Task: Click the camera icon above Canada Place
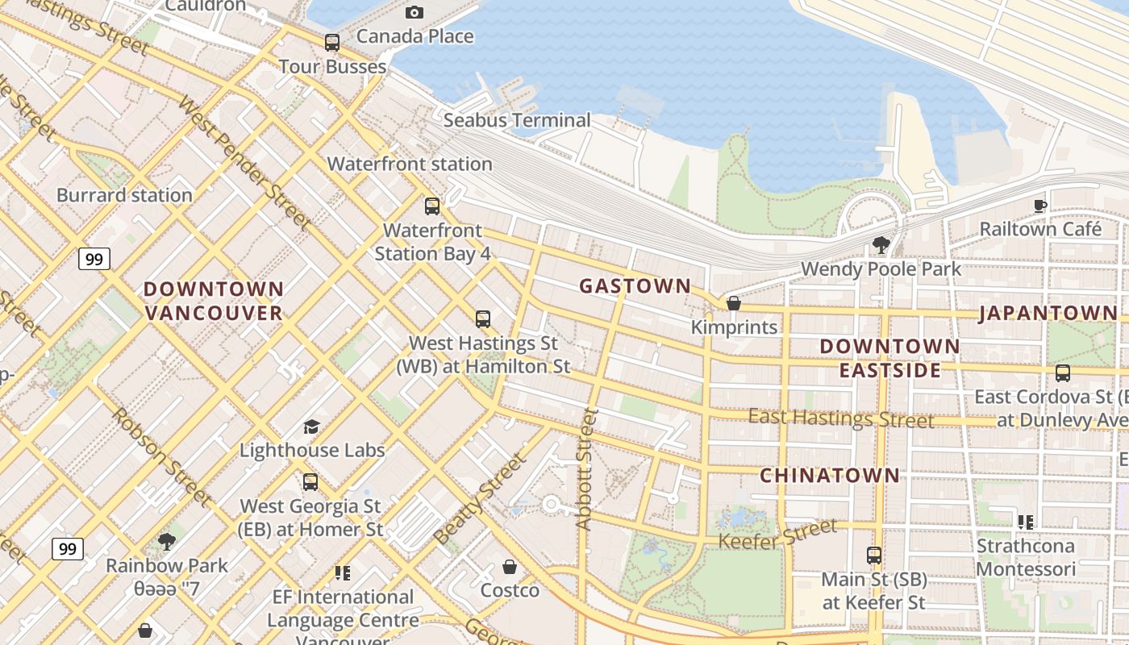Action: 415,12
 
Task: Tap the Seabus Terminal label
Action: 517,120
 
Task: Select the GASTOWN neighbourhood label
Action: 635,286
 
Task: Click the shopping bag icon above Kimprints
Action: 734,303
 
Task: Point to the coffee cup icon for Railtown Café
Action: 1040,206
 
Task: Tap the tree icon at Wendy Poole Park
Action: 881,244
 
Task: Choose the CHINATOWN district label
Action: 830,475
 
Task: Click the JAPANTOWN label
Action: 1048,314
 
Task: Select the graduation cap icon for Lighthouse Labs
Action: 311,427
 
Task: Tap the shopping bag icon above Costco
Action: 510,567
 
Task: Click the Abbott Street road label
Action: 586,469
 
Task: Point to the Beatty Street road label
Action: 480,498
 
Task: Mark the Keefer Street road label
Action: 777,535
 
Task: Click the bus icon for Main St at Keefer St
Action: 874,556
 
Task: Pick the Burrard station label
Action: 124,195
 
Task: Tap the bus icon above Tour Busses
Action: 332,43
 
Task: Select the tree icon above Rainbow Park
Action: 167,541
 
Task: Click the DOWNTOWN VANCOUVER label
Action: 214,301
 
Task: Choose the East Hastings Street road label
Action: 841,418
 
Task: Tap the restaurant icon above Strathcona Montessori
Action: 1026,522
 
